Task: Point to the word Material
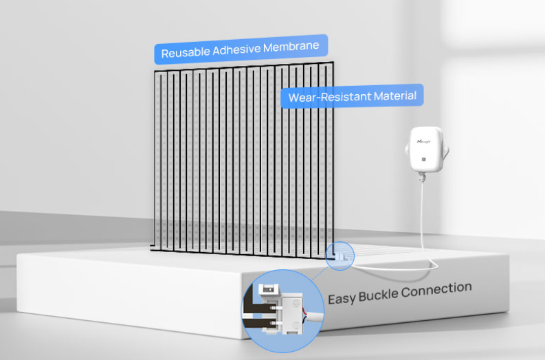[x=394, y=95]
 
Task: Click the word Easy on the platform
[x=342, y=298]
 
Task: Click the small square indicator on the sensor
[x=425, y=159]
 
